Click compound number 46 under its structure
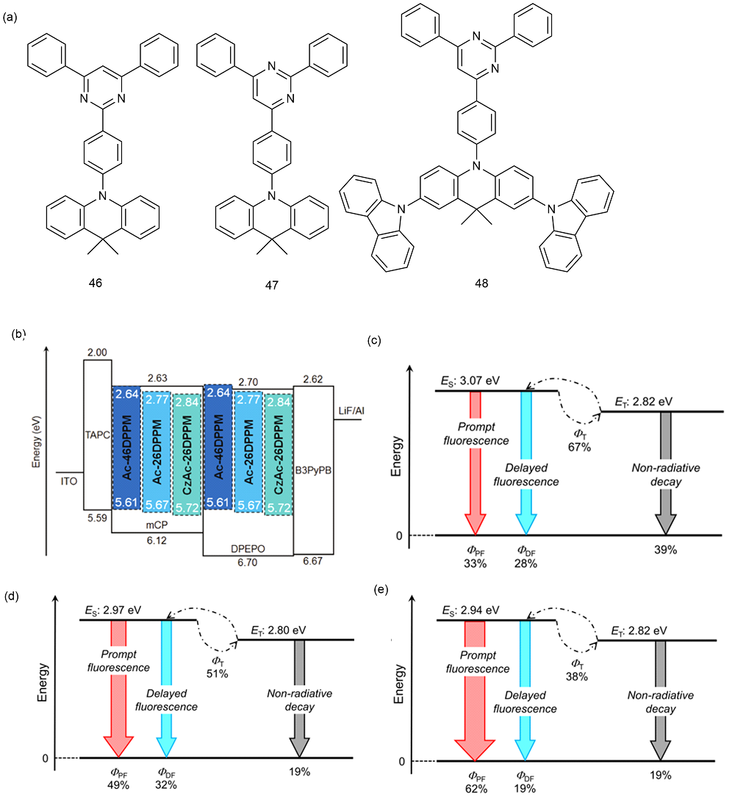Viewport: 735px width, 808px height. pyautogui.click(x=96, y=283)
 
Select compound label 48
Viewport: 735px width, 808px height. pyautogui.click(x=481, y=283)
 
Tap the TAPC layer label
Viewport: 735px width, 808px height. pyautogui.click(x=98, y=435)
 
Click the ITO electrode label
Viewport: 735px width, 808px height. pyautogui.click(x=69, y=481)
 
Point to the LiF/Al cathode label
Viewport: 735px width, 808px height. pyautogui.click(x=352, y=411)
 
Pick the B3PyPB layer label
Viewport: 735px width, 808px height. pyautogui.click(x=313, y=470)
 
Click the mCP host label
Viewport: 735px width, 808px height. pyautogui.click(x=157, y=525)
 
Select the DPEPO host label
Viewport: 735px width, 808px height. pyautogui.click(x=248, y=549)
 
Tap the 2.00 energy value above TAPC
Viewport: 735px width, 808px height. pyautogui.click(x=97, y=353)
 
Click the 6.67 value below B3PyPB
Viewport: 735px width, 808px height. pyautogui.click(x=312, y=561)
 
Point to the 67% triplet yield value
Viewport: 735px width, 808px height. pyautogui.click(x=579, y=447)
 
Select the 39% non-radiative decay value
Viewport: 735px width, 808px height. pyautogui.click(x=665, y=550)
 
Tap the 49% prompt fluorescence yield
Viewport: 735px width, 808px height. pyautogui.click(x=118, y=784)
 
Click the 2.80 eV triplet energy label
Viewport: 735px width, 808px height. pyautogui.click(x=279, y=630)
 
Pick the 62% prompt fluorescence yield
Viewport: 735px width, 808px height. pyautogui.click(x=476, y=788)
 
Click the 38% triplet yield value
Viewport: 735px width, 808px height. pyautogui.click(x=577, y=677)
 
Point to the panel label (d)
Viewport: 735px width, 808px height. pyautogui.click(x=11, y=596)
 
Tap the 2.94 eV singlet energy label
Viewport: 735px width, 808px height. pyautogui.click(x=470, y=610)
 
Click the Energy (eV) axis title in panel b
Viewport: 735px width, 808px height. pyautogui.click(x=36, y=441)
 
